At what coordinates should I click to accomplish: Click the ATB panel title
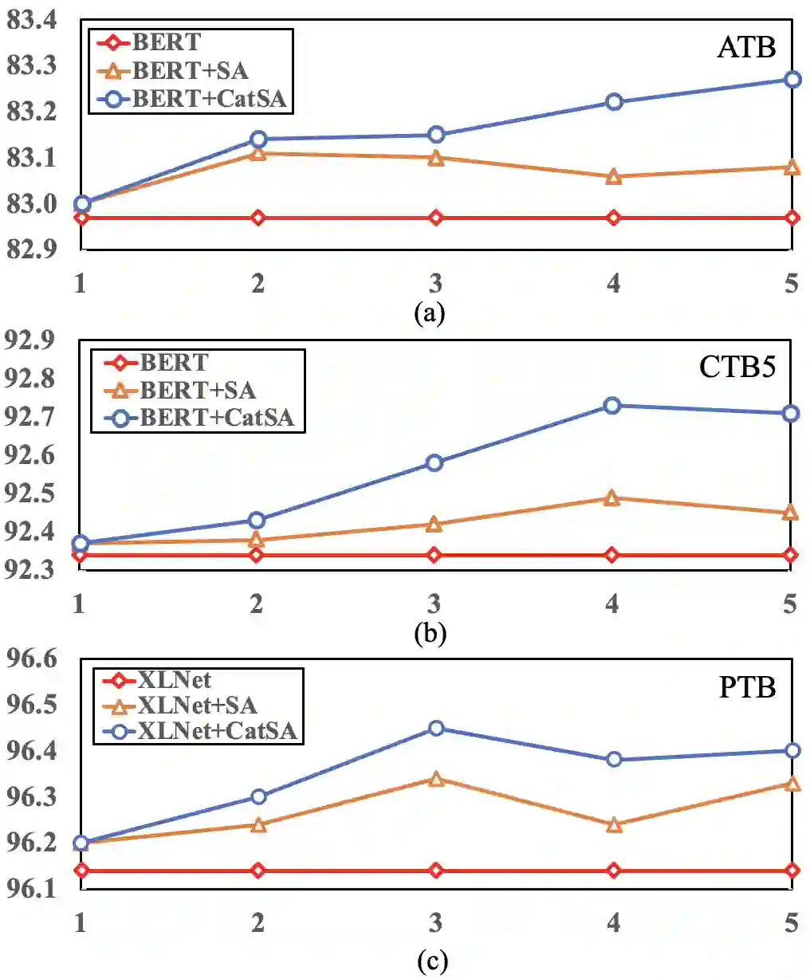point(746,47)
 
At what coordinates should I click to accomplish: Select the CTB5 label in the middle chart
point(737,367)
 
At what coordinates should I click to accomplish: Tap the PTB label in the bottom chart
point(747,686)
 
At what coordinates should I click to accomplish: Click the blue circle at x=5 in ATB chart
point(792,80)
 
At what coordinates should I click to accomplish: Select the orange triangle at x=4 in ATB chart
point(613,176)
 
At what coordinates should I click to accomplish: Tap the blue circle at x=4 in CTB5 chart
point(611,406)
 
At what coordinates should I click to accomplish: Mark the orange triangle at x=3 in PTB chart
point(436,779)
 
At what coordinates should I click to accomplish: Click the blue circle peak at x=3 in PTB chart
point(436,728)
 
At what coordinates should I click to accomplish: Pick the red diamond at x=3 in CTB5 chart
point(434,555)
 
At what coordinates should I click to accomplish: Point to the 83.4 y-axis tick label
point(32,20)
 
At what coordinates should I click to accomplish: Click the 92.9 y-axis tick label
point(30,340)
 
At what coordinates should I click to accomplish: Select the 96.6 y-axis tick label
point(32,659)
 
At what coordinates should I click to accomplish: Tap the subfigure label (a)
point(430,313)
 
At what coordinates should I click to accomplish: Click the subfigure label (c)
point(431,962)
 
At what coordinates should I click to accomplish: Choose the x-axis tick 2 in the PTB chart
point(258,922)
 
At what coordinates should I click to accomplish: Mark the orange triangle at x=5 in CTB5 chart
point(790,513)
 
